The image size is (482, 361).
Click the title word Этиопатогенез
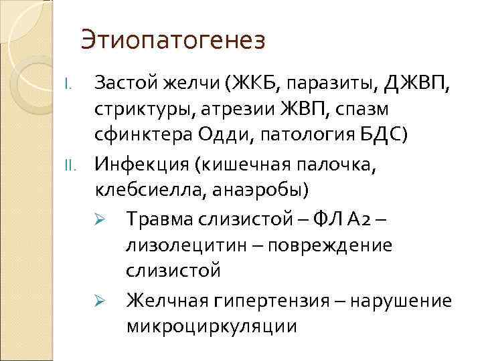tap(173, 41)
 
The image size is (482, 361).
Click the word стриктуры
tap(139, 110)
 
